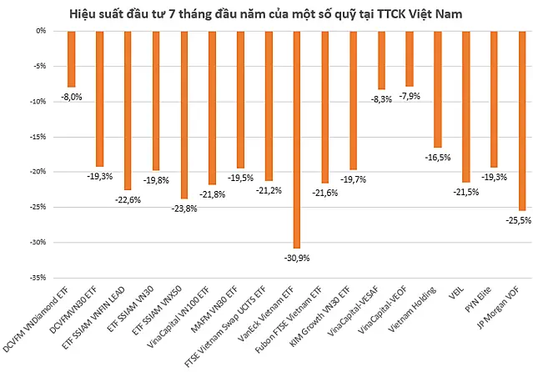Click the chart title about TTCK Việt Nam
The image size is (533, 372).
(x=266, y=14)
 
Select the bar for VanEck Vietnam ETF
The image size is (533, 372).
(x=297, y=140)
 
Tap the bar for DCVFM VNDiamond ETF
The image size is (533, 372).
(x=72, y=59)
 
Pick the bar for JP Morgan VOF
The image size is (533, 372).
(x=522, y=121)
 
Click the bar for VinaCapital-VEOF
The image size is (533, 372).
(x=410, y=59)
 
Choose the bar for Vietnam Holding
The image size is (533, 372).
(x=438, y=89)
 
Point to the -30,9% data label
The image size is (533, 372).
(x=297, y=258)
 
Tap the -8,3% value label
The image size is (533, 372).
(x=381, y=99)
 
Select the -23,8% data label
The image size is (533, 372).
(x=184, y=209)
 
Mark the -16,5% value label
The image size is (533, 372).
(x=438, y=158)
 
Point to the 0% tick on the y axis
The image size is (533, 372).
(x=41, y=31)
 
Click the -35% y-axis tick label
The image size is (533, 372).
(x=38, y=278)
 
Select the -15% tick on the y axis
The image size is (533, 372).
(x=38, y=137)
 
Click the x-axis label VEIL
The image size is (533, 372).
(x=456, y=293)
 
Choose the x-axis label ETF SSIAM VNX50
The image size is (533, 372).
(x=157, y=310)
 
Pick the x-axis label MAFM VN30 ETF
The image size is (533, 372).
(x=214, y=309)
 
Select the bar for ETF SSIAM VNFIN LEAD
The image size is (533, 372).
(x=128, y=110)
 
